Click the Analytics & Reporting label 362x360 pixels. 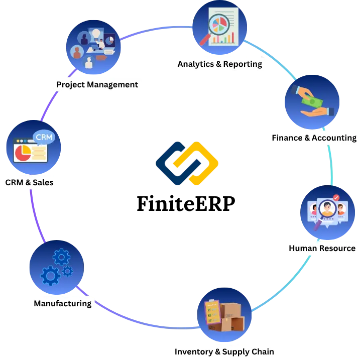(x=219, y=64)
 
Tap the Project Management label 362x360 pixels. (x=97, y=84)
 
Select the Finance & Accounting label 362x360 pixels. (x=314, y=138)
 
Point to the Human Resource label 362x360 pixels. (x=322, y=248)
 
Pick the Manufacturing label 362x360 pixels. (x=62, y=303)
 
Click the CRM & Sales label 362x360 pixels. (x=29, y=182)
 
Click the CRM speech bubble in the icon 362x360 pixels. (x=44, y=137)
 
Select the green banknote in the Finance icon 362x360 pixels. (x=311, y=103)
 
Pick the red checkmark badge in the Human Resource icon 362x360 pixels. (x=336, y=198)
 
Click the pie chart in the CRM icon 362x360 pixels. (x=22, y=153)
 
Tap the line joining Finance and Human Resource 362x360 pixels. (x=331, y=166)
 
